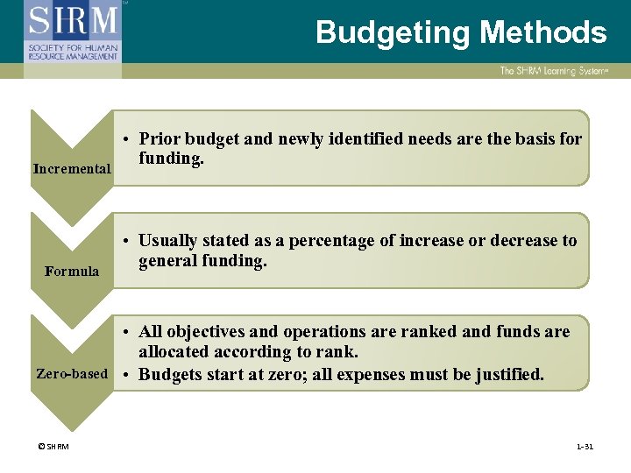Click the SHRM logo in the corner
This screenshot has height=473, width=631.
coord(74,32)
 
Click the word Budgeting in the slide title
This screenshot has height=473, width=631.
coord(393,33)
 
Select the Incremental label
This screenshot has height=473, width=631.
coord(72,168)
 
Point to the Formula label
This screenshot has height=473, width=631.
coord(72,272)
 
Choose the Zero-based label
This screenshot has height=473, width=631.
coord(72,374)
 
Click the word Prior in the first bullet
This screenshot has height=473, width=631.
coord(160,138)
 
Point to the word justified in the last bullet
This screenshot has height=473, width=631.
coord(508,375)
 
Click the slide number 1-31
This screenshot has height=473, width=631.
coord(585,447)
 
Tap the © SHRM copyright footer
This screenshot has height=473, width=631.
coord(53,447)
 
